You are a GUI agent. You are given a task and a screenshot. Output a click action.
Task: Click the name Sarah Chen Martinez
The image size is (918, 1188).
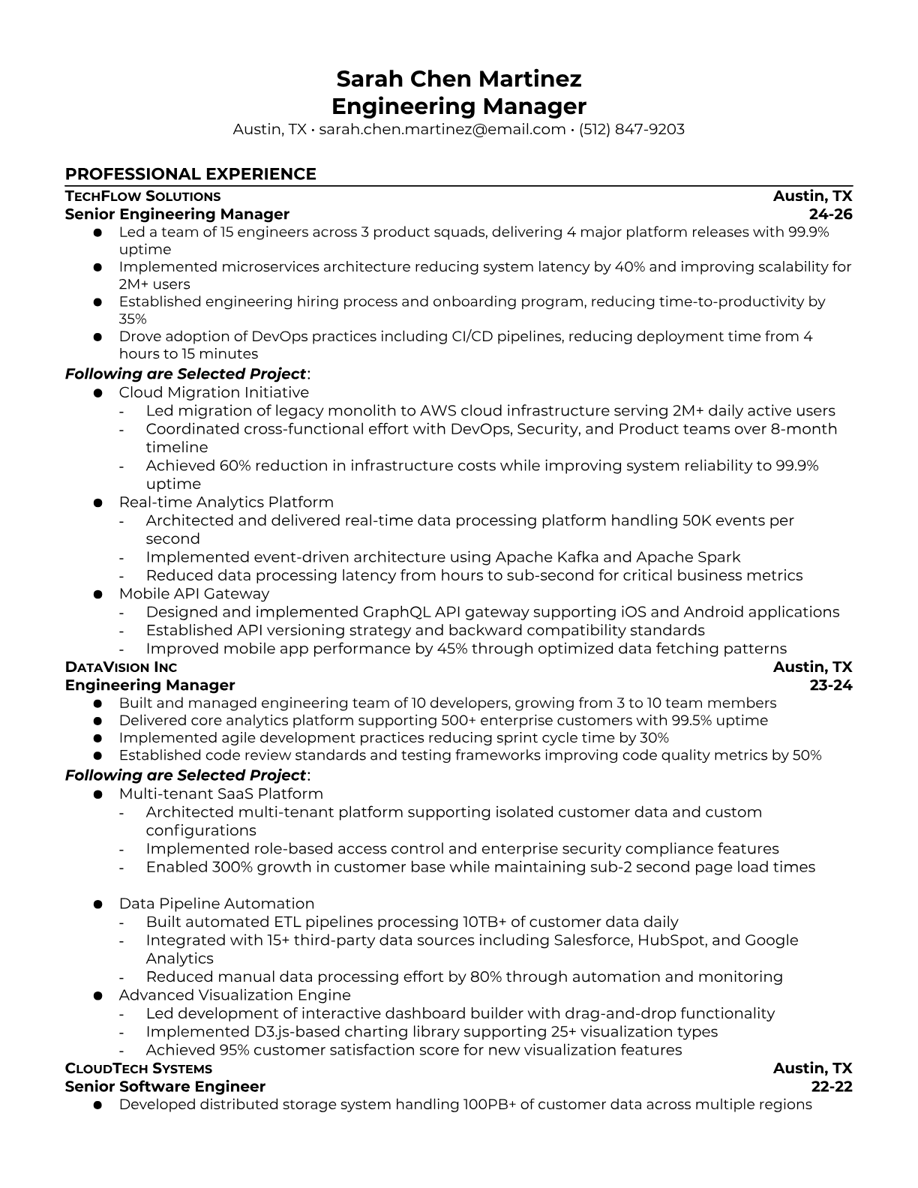pos(458,79)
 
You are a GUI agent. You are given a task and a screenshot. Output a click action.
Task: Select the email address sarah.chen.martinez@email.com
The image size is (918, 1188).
pos(442,130)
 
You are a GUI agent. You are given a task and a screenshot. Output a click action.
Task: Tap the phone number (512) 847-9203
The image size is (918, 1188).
pos(631,130)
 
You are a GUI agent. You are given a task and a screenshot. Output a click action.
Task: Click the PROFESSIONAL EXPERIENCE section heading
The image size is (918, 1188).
pos(190,174)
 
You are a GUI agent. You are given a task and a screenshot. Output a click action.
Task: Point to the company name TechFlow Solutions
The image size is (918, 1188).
pos(142,196)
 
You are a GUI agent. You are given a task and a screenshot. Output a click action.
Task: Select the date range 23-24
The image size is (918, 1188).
pos(831,685)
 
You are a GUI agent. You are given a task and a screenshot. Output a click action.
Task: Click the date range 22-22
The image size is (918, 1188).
pos(832,1087)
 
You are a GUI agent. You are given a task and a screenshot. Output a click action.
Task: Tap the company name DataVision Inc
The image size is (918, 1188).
pos(121,667)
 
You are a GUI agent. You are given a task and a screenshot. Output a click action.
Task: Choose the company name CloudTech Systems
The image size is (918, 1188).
pos(139,1069)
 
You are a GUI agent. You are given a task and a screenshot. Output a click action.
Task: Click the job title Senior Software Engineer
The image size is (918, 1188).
pos(165,1087)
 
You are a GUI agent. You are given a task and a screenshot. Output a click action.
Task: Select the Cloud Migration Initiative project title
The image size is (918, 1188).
pos(214,392)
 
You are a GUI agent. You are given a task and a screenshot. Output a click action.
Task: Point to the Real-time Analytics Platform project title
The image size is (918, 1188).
pos(226,502)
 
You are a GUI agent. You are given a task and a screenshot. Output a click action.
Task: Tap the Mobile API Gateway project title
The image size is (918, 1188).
pos(193,594)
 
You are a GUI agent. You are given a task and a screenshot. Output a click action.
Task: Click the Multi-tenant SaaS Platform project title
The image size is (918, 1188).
pos(220,793)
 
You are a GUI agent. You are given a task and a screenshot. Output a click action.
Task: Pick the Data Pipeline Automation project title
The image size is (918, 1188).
pos(216,904)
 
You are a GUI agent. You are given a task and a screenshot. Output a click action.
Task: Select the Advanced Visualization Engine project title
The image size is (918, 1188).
pos(235,995)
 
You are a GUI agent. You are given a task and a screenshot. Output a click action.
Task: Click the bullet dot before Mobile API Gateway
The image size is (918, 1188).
pos(97,594)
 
